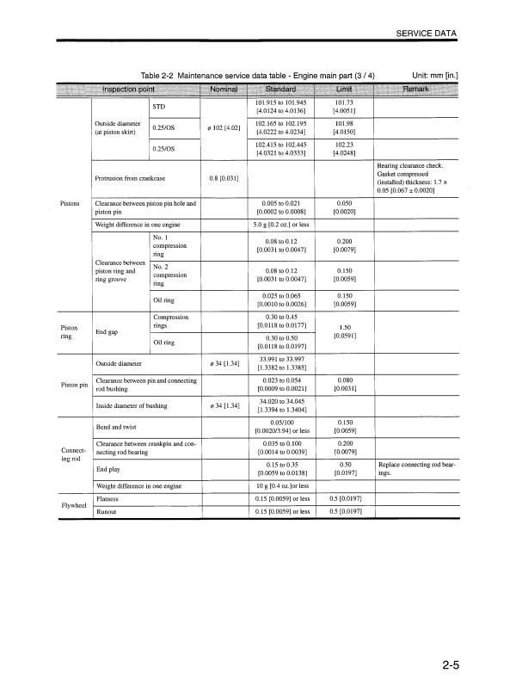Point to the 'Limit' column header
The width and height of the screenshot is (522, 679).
click(346, 90)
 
